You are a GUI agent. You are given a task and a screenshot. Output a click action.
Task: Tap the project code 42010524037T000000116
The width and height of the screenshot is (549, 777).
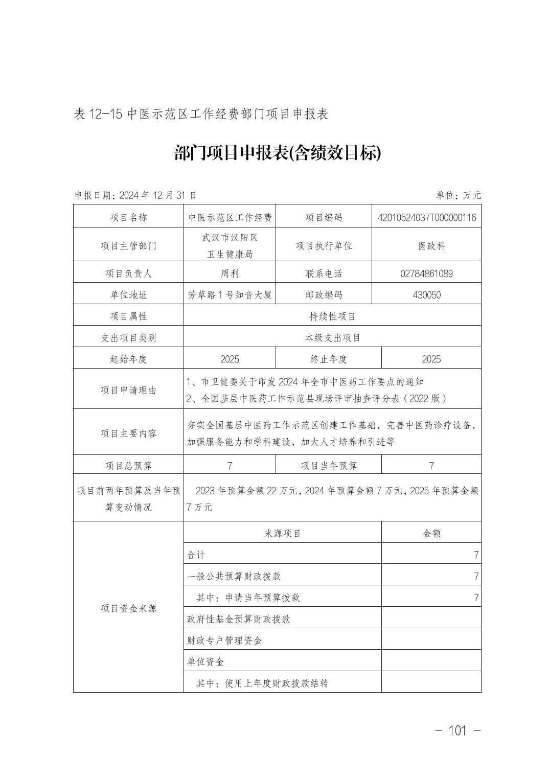(427, 218)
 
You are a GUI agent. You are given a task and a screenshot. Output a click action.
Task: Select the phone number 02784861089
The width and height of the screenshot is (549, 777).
(427, 273)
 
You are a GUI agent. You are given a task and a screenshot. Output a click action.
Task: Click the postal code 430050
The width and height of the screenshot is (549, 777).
(427, 295)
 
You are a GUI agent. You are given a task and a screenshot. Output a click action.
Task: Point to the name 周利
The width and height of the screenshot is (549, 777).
(230, 273)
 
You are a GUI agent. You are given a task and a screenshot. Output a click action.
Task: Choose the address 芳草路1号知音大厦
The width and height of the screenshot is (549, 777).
(230, 295)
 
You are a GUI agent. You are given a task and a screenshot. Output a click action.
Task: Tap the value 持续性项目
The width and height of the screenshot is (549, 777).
(332, 316)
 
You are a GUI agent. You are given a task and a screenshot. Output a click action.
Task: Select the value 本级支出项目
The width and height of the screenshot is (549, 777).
(332, 338)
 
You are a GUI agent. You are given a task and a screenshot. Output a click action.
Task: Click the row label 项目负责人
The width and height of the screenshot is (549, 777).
(128, 273)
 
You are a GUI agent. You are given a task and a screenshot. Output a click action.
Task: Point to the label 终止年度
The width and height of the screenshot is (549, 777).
(328, 359)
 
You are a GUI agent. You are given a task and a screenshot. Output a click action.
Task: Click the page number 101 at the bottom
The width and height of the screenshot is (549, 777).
(457, 730)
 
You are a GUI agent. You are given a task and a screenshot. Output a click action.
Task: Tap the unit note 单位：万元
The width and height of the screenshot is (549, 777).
(458, 195)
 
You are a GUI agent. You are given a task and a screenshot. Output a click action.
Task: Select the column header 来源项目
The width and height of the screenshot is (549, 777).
(283, 534)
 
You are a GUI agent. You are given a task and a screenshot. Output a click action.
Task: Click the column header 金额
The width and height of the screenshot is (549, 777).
(431, 534)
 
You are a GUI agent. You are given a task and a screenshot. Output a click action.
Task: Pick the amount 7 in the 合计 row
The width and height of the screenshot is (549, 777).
(476, 555)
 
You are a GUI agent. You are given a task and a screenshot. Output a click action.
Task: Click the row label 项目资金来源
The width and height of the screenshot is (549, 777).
(128, 608)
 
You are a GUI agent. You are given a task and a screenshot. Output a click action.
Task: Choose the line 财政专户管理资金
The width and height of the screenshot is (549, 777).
(224, 641)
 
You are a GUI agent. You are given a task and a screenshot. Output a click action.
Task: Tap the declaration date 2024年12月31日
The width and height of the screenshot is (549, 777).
(157, 195)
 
